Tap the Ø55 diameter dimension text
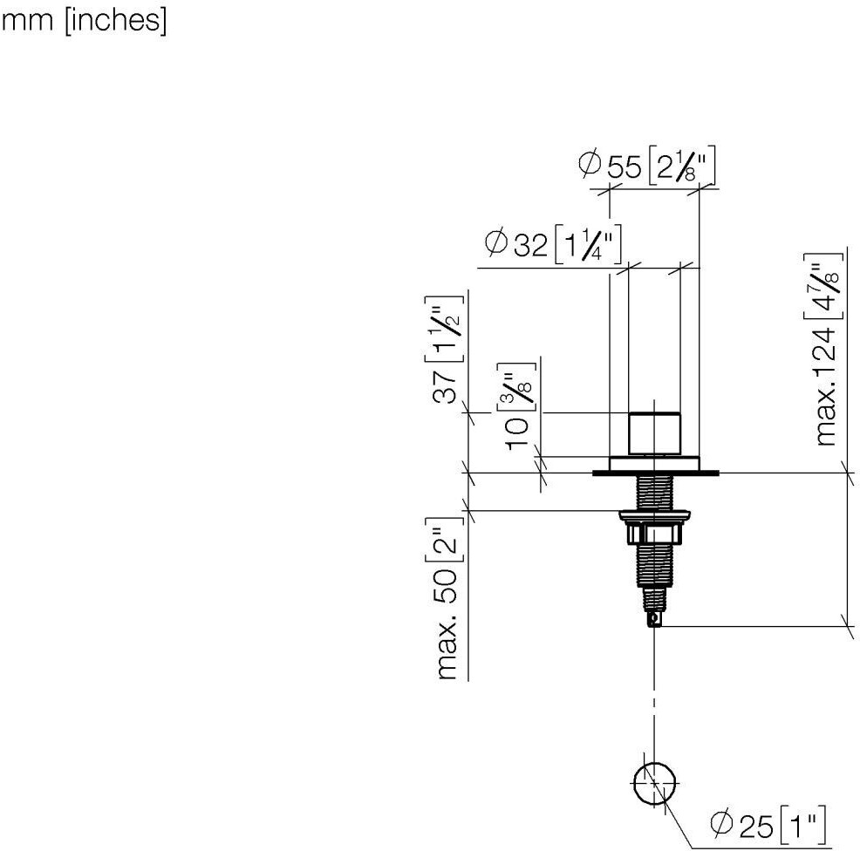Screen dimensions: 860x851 [x=647, y=165]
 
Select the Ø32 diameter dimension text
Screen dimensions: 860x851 [x=553, y=244]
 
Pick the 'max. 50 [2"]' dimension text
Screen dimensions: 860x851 [x=446, y=598]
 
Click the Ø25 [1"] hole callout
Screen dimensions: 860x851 [x=768, y=824]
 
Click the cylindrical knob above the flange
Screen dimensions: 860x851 [x=654, y=433]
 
